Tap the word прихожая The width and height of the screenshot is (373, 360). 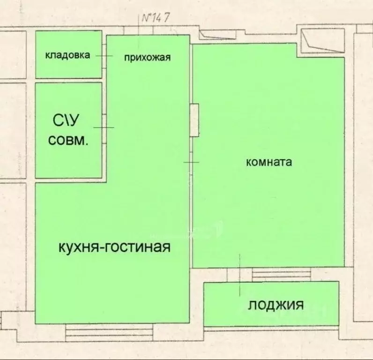[x=147, y=58]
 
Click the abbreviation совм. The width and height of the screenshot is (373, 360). [x=68, y=142]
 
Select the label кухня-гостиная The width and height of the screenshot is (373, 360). [x=114, y=247]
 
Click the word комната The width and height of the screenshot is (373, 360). [x=269, y=162]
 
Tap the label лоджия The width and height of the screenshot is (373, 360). [x=276, y=305]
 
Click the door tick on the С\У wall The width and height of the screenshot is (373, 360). [x=104, y=127]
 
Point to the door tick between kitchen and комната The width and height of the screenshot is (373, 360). [x=191, y=162]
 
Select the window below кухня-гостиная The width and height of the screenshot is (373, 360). [x=111, y=333]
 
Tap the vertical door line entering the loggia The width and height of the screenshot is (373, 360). [x=240, y=274]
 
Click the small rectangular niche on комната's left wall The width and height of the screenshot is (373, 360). [x=194, y=120]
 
